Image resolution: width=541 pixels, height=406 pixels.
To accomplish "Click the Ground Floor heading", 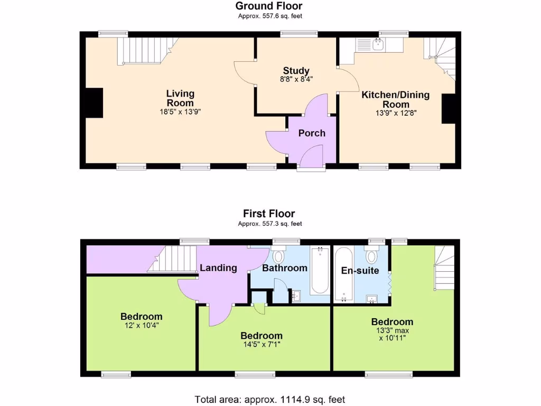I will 269,6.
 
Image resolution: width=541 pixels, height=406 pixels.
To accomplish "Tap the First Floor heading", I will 269,214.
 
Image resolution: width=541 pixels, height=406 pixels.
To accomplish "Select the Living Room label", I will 180,98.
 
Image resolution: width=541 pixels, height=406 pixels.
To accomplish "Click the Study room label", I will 296,71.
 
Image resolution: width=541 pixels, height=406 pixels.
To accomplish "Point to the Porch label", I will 312,133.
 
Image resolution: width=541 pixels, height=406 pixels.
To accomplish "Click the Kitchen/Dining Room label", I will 395,99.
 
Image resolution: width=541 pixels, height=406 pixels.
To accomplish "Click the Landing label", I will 218,268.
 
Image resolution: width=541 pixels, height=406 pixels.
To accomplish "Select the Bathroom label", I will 285,268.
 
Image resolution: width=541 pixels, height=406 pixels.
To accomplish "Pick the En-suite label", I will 360,271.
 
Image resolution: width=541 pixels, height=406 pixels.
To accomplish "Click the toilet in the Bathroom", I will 278,256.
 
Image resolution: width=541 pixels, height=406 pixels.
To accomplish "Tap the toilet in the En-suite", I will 372,257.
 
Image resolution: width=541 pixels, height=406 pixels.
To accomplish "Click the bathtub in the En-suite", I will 344,274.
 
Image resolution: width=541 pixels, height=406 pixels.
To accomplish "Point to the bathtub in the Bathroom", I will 319,270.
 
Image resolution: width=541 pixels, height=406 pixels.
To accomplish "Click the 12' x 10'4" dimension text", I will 141,326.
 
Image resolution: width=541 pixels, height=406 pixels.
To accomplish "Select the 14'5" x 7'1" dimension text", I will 261,345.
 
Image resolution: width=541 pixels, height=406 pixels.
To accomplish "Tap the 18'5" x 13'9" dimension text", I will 180,112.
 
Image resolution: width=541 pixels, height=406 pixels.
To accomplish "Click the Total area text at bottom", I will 270,400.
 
